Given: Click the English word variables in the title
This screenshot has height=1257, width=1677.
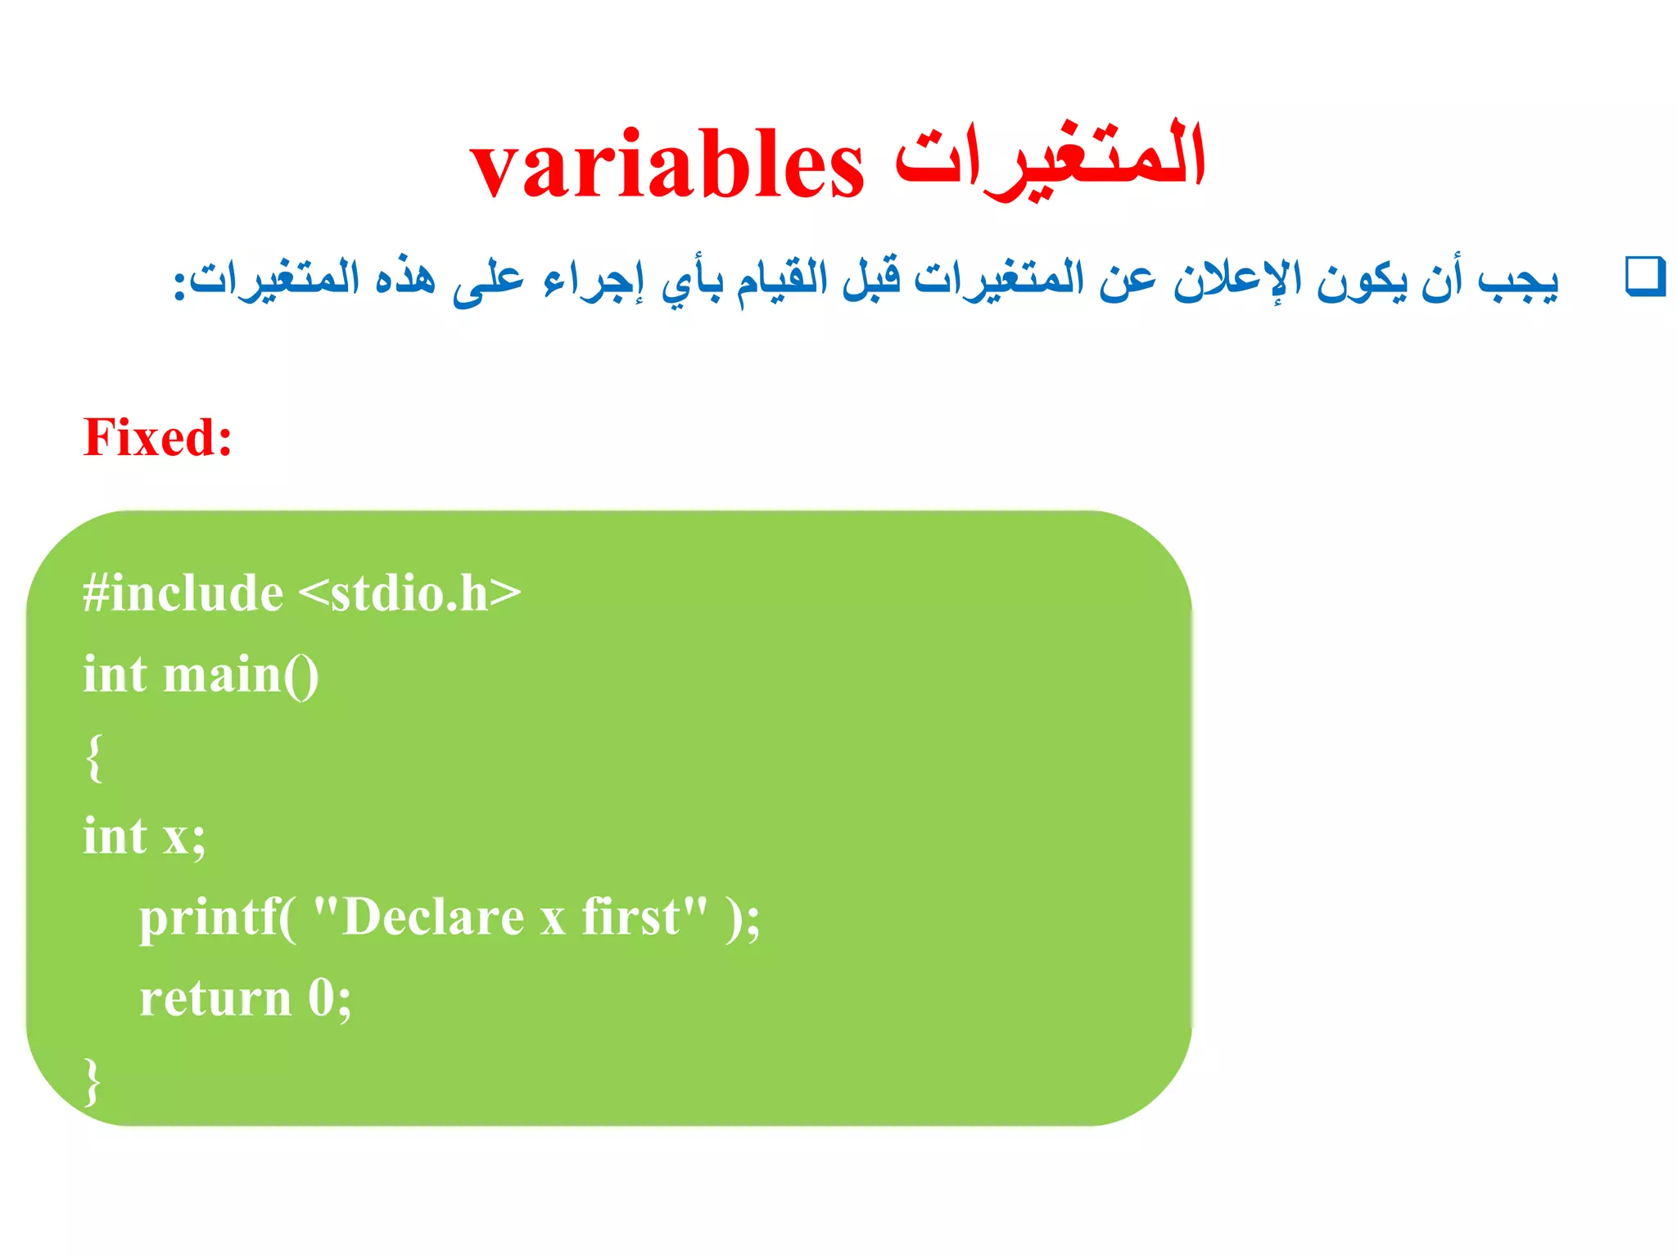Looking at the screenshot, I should (667, 166).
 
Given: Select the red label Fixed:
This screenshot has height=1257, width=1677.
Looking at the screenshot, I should (157, 437).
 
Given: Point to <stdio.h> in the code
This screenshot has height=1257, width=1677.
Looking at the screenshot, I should (409, 592).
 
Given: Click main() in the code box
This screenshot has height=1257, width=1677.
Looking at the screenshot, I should (241, 675).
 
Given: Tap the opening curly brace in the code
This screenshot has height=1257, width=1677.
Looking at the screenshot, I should (94, 757).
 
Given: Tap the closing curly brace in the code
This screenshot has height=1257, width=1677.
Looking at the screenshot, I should (93, 1081).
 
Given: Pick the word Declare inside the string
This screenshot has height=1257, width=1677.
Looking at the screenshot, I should (433, 917).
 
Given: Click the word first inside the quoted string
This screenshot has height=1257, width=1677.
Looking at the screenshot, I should (631, 917).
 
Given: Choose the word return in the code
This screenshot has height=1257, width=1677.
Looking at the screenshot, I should (215, 999).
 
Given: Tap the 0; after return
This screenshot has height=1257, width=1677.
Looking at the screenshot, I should (329, 999).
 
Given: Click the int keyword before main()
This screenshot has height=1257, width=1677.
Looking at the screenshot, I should (115, 675).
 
